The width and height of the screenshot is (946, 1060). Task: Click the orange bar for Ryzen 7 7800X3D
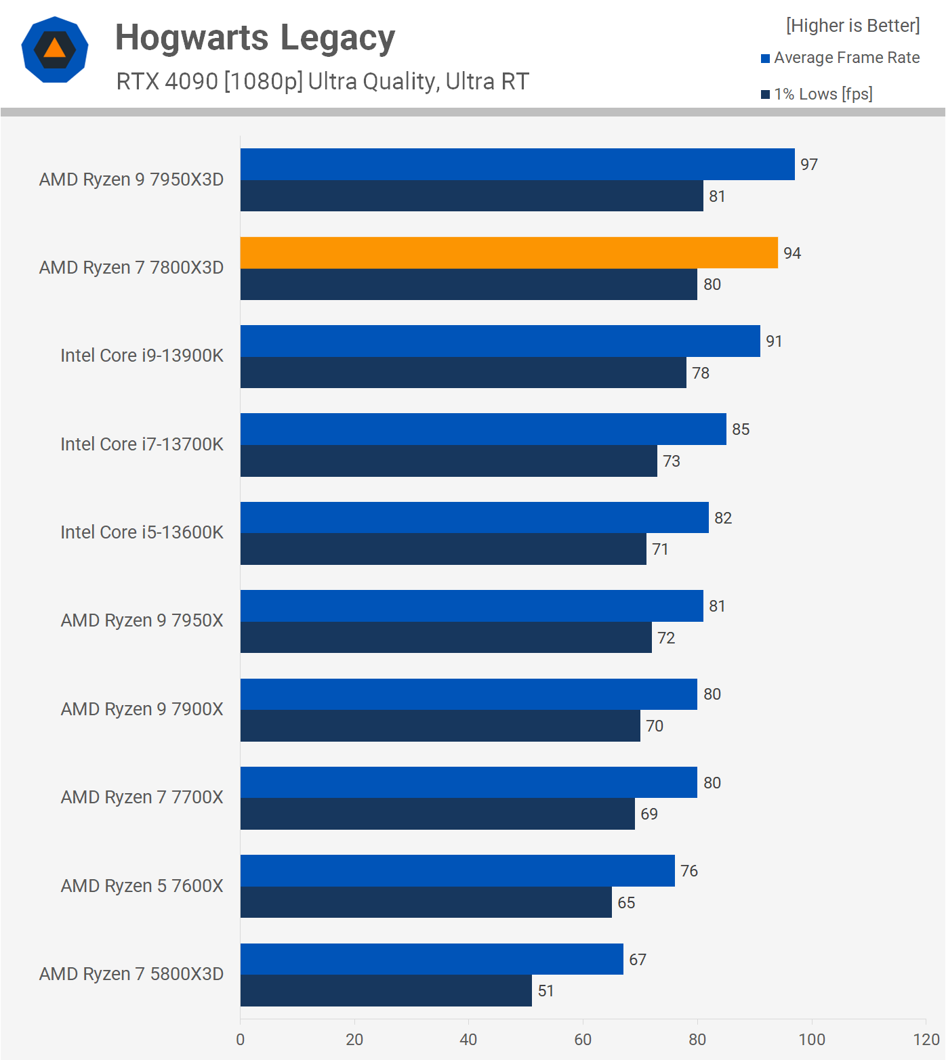coord(509,253)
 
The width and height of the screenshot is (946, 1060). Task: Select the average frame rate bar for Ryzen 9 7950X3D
coord(517,165)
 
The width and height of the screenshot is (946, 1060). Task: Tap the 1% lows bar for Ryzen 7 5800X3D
coord(386,991)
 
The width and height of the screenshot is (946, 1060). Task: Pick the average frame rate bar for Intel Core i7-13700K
coord(483,429)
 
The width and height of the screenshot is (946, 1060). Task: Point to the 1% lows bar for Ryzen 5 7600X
coord(426,902)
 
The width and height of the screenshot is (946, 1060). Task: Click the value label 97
coord(809,165)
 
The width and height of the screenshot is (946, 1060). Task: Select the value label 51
coord(546,991)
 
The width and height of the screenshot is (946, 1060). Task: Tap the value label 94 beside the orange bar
coord(792,253)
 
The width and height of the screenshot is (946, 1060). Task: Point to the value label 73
coord(672,461)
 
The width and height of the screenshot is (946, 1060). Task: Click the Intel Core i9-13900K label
coord(142,356)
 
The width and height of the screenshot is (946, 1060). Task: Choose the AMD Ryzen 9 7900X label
coord(142,709)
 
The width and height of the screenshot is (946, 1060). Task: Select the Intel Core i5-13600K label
coord(142,532)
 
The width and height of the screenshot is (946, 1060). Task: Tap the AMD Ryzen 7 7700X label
coord(142,797)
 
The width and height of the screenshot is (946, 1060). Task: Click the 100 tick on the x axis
coord(811,1040)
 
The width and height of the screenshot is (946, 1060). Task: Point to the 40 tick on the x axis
coord(468,1040)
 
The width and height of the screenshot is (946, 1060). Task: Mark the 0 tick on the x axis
coord(241,1040)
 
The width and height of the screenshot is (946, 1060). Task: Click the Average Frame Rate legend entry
coord(846,58)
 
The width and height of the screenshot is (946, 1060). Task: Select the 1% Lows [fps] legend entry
coord(823,94)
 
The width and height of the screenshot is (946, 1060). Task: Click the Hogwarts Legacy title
coord(255,37)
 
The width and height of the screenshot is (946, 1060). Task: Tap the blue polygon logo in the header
coord(55,49)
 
